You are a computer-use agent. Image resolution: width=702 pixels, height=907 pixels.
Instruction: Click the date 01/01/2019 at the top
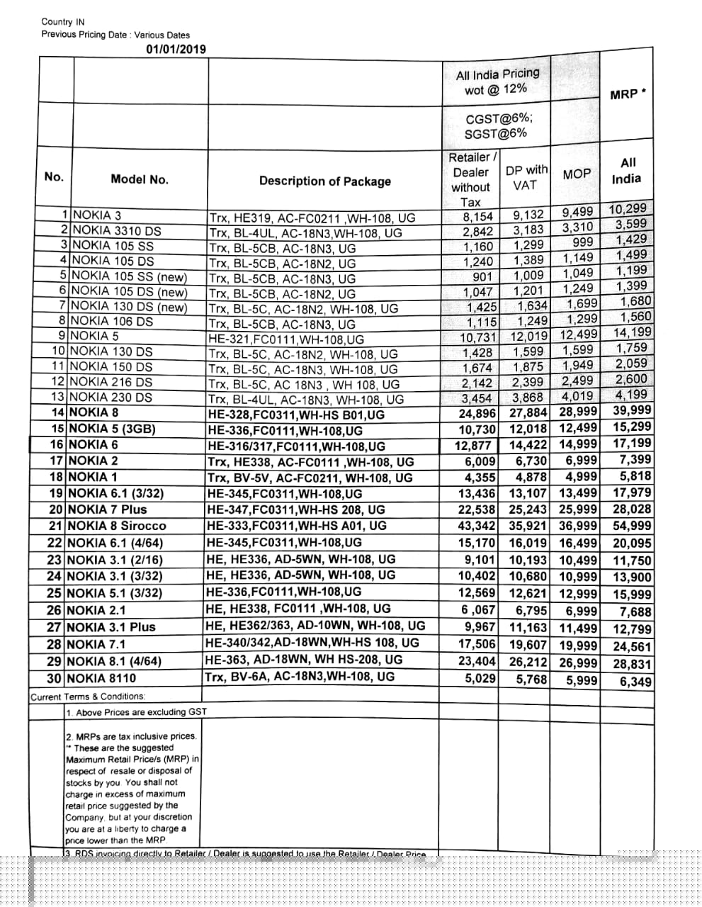176,49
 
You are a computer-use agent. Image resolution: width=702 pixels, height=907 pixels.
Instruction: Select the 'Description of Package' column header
324,181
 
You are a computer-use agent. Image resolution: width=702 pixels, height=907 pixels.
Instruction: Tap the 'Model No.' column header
140,180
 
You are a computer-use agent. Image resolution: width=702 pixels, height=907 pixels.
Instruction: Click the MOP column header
577,174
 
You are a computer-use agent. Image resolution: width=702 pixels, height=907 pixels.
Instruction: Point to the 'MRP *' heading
628,94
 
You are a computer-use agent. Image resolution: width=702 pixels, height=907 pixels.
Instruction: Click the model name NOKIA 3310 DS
116,230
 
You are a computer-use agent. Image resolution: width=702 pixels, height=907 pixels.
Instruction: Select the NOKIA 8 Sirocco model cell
116,526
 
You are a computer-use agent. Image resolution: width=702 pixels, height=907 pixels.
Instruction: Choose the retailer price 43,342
476,526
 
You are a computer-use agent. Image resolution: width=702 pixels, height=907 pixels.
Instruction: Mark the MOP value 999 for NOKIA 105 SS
582,242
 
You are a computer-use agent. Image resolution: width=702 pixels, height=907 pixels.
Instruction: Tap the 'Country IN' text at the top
63,22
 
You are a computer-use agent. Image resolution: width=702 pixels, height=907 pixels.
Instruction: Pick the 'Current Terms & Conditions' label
87,697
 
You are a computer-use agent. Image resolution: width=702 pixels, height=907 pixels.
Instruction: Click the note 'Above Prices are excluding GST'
136,711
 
